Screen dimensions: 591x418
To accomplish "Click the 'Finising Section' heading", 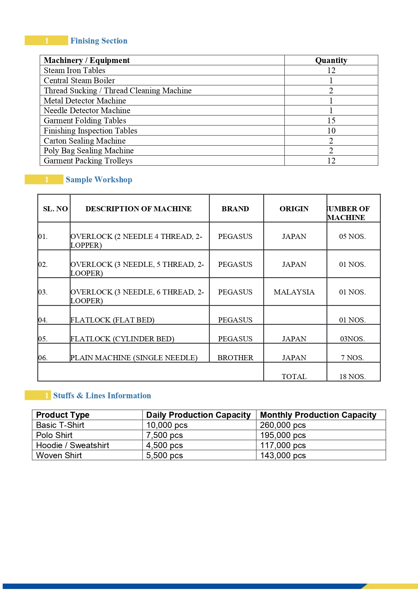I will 99,41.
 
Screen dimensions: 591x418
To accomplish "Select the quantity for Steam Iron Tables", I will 331,70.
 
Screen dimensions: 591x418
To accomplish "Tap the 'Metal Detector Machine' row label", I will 85,101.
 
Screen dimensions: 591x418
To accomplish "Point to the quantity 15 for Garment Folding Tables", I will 331,121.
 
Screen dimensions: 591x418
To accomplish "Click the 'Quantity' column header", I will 331,60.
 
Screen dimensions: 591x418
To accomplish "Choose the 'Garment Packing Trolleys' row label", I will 88,161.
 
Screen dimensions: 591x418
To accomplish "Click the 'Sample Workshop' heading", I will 99,180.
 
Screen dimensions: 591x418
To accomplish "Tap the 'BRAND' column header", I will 235,209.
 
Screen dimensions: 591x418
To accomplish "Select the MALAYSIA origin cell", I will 294,292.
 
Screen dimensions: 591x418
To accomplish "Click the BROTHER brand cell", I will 235,358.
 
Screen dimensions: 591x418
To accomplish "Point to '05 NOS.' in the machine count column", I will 352,237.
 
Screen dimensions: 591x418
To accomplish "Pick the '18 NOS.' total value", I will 352,377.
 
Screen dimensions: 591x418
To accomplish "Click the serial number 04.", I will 43,320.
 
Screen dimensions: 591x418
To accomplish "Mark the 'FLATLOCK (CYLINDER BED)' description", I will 122,339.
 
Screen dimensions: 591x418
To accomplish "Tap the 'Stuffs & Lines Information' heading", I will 102,396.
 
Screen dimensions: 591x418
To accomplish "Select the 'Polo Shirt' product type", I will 54,435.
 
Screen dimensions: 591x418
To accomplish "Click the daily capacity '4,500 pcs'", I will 164,445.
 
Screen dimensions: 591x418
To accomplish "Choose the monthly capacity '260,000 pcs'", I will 283,425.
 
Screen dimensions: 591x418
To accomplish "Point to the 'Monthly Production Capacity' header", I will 318,415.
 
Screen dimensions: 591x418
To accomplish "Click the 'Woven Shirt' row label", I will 59,456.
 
